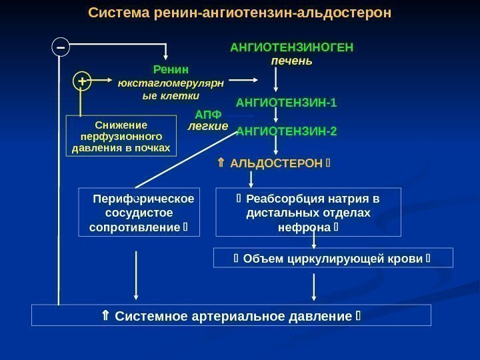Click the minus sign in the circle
tap(61, 47)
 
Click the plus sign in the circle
tap(82, 81)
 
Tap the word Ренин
tap(171, 69)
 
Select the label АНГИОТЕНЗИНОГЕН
tap(291, 48)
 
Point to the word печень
tap(291, 61)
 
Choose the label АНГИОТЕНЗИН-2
tap(287, 131)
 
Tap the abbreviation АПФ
tap(208, 115)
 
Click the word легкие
tap(208, 125)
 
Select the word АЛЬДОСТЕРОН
tap(275, 163)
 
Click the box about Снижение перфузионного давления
tap(122, 135)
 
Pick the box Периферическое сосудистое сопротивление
tap(138, 213)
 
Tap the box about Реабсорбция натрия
tap(309, 213)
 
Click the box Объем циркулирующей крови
tap(333, 257)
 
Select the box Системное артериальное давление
tap(231, 315)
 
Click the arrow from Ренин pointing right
tap(247, 81)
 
